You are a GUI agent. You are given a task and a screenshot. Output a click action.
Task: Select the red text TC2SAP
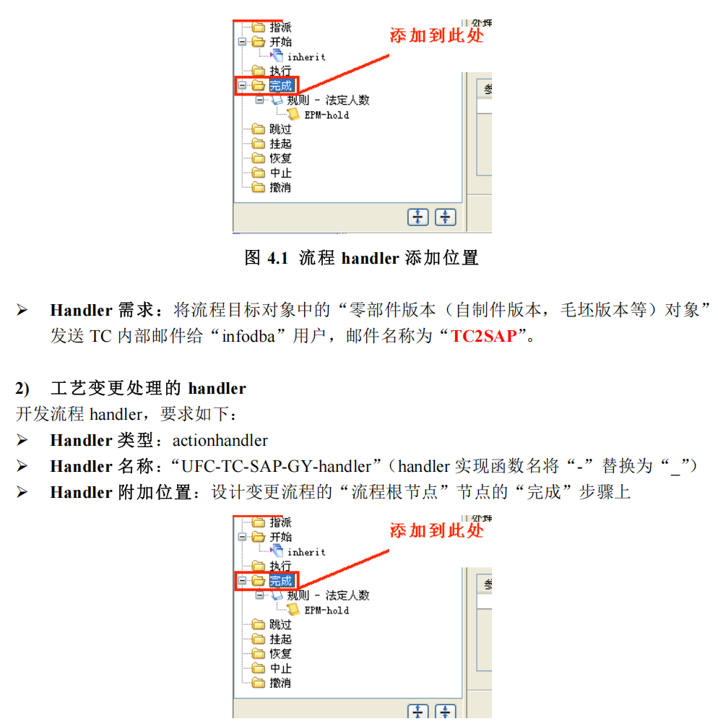point(484,336)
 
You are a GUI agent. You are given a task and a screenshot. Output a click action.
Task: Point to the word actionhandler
point(220,440)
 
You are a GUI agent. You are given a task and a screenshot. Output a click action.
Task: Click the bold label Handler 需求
point(101,311)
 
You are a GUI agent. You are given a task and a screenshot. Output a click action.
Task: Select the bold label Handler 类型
point(101,440)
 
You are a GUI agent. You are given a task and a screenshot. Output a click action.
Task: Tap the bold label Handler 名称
point(101,466)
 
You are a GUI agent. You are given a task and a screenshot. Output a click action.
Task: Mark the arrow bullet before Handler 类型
point(22,440)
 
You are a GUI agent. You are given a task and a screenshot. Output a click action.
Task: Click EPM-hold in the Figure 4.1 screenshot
point(326,115)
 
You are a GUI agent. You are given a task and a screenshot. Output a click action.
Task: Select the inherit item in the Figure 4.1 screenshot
point(306,57)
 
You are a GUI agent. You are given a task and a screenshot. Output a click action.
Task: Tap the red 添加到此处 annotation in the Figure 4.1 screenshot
point(436,35)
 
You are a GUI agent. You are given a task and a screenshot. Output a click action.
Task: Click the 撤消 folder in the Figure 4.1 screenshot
point(280,188)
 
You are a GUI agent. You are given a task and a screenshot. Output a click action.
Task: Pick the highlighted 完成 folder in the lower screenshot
point(280,581)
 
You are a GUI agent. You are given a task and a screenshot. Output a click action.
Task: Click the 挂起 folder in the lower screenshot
point(280,639)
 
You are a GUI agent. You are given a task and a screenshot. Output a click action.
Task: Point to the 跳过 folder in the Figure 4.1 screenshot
point(280,129)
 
